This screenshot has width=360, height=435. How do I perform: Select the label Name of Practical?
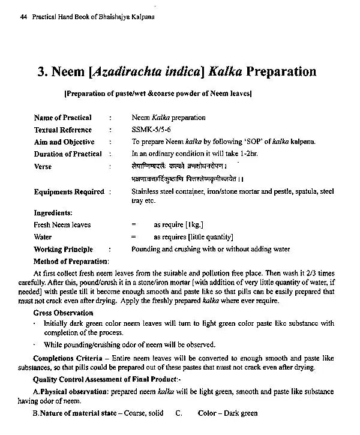click(x=62, y=118)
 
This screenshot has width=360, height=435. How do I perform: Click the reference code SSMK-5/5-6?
click(x=151, y=130)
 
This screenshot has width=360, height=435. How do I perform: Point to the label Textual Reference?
click(x=63, y=130)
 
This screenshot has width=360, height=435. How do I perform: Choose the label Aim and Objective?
click(x=64, y=142)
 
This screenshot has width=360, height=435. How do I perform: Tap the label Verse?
click(x=43, y=167)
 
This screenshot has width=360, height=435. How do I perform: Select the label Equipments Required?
click(x=69, y=192)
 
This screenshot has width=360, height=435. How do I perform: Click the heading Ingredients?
click(x=53, y=213)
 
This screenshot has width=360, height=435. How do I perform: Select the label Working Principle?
click(x=63, y=249)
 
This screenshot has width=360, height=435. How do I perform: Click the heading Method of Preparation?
click(x=71, y=261)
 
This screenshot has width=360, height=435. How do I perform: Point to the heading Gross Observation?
click(x=63, y=313)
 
